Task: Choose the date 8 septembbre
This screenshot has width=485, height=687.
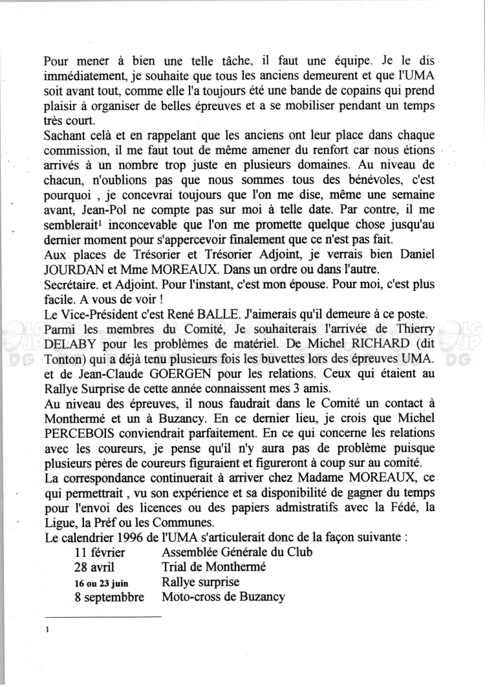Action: click(x=109, y=598)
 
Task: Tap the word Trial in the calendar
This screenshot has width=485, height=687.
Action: click(x=177, y=567)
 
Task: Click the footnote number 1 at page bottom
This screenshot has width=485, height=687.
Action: click(x=47, y=629)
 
